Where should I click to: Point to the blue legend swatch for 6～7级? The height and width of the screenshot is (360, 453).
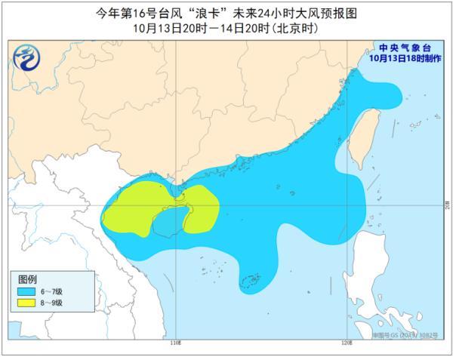tap(26, 292)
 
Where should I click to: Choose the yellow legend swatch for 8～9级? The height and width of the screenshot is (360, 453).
tap(26, 303)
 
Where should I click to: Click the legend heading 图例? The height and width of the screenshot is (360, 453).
tap(27, 279)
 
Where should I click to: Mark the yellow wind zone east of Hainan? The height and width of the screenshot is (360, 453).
tap(202, 205)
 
